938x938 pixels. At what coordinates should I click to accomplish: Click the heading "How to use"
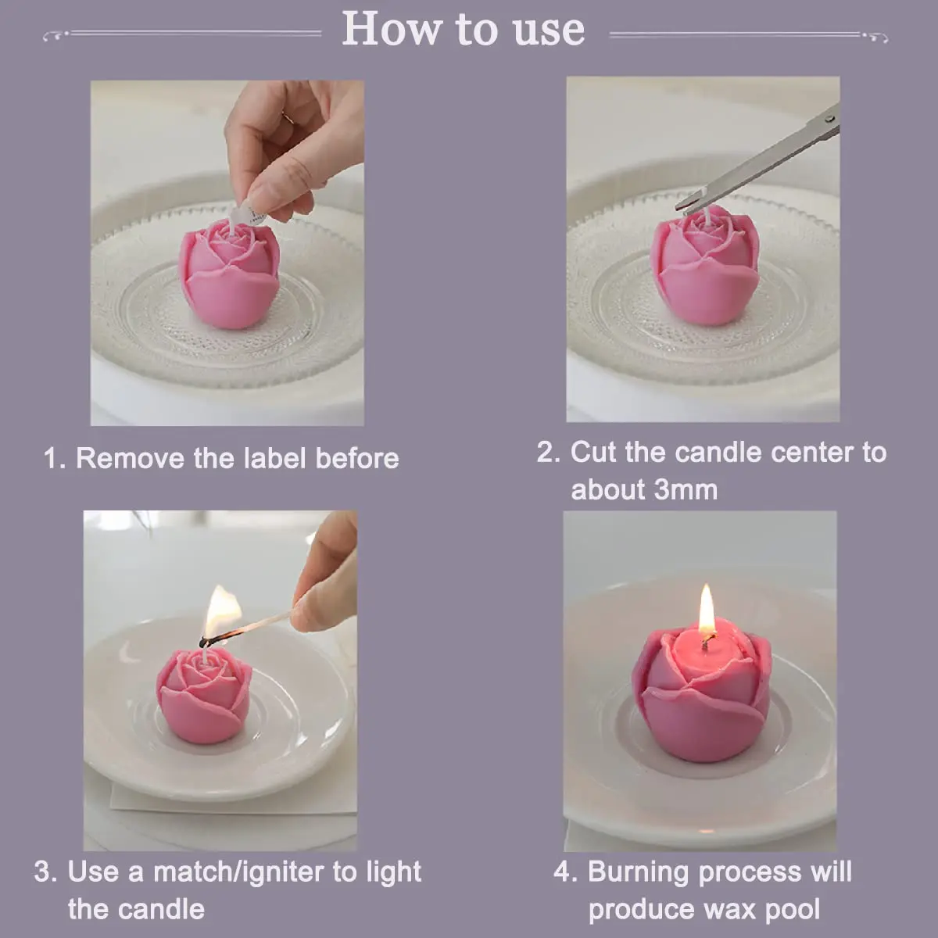[463, 30]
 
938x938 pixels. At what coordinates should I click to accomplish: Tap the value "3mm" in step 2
[686, 490]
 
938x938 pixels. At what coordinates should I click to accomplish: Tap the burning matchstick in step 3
[258, 625]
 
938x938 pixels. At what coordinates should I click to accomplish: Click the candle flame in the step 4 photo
[706, 610]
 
